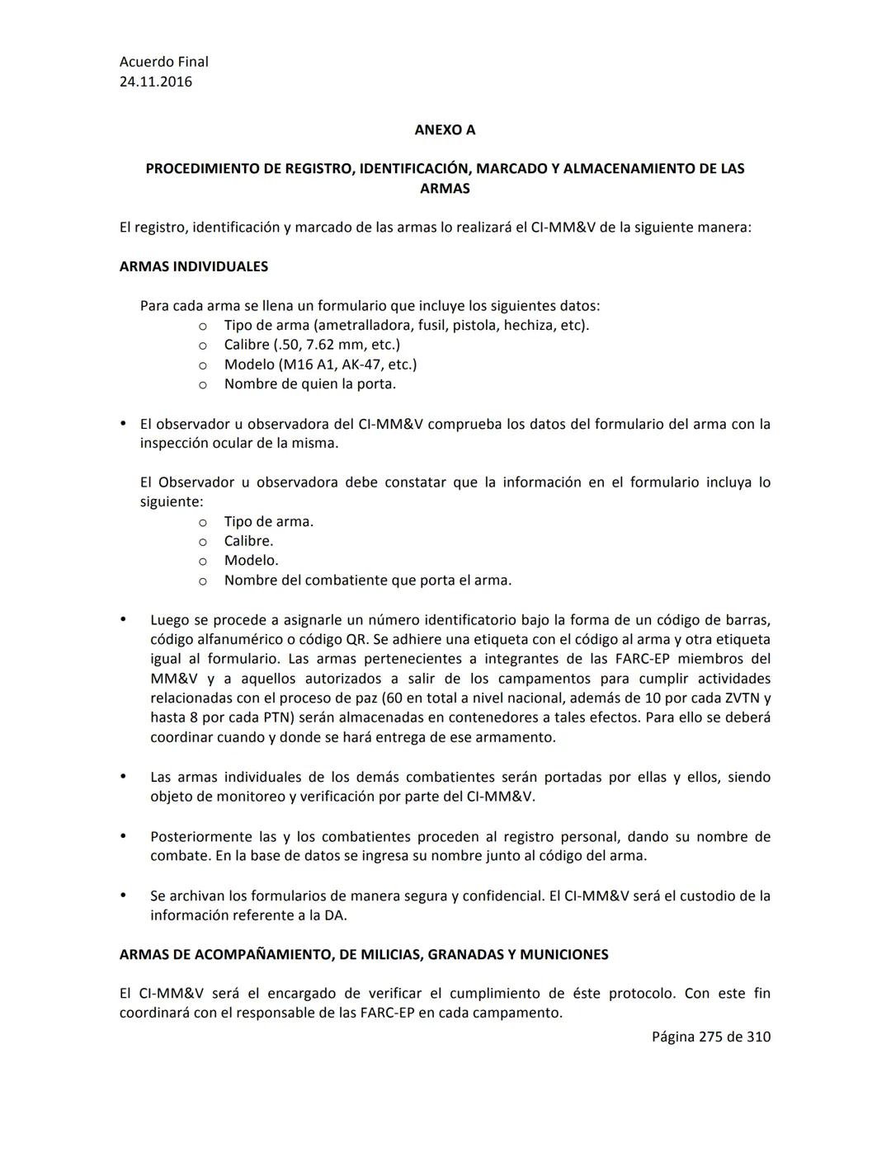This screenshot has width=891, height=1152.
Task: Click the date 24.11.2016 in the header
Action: point(156,82)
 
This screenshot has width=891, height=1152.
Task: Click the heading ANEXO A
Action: point(445,129)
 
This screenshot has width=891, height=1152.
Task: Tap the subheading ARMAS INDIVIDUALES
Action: point(194,266)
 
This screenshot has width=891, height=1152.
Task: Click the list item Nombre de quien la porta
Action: point(309,383)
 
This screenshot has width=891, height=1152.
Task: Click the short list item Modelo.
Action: point(251,560)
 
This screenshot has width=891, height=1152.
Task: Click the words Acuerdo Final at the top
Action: point(163,62)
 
